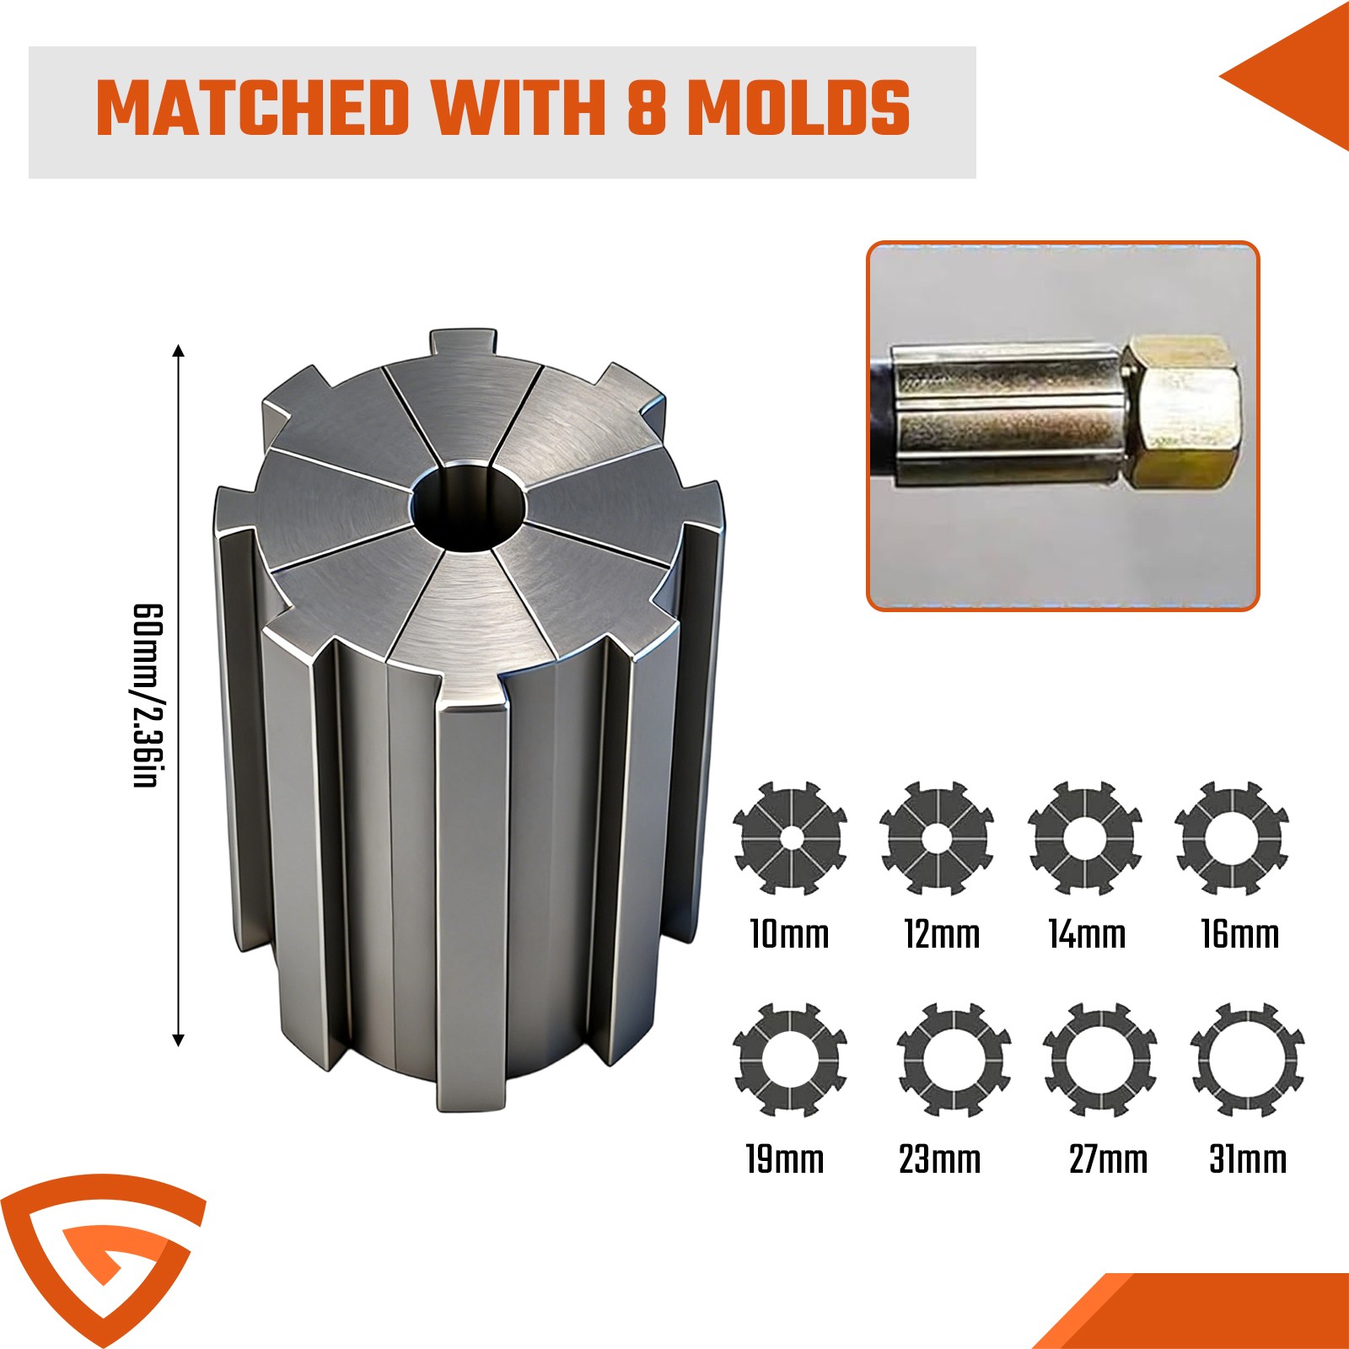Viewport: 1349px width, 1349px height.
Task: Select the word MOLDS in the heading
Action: click(798, 108)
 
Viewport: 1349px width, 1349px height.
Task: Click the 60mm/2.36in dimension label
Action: click(147, 696)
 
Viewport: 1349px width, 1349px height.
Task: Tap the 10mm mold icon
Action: click(790, 838)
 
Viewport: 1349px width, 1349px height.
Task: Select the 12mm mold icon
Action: click(937, 838)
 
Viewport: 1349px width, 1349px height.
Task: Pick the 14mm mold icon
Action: click(1085, 838)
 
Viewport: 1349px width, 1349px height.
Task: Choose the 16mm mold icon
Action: click(1232, 838)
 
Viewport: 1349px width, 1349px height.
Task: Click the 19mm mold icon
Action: click(790, 1060)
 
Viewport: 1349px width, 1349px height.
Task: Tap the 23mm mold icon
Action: click(954, 1060)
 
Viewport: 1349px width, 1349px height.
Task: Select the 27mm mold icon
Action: click(1100, 1060)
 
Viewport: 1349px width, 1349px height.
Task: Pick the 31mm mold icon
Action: click(1248, 1060)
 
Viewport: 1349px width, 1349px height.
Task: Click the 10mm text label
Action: click(789, 934)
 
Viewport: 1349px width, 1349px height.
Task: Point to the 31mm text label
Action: click(1248, 1159)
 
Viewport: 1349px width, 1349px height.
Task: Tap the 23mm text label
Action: click(939, 1159)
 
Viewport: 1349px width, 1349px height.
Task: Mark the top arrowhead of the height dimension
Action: click(178, 351)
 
